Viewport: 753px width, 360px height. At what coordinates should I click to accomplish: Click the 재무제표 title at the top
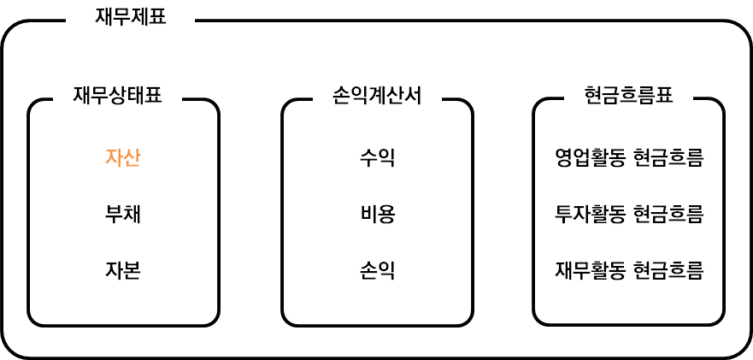point(131,16)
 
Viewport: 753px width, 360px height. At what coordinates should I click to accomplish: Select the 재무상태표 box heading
point(118,95)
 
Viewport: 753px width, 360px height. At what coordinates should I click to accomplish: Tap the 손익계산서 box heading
point(377,95)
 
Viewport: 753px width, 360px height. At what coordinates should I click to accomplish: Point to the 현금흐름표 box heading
point(629,95)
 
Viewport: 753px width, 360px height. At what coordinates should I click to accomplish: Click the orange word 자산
point(122,157)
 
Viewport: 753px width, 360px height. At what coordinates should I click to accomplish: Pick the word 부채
point(122,214)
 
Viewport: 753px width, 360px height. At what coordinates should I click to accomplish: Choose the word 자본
point(122,270)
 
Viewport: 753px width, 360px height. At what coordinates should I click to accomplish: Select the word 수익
point(377,157)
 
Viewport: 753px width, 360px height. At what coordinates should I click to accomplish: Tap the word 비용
point(377,214)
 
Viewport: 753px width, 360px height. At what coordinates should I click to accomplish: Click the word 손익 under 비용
point(377,270)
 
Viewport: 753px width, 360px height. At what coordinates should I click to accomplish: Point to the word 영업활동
point(591,157)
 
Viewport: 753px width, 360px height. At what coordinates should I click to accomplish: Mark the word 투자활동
point(591,214)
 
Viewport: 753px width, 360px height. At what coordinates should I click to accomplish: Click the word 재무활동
point(591,270)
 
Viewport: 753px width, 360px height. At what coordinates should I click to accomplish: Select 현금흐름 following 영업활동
point(668,157)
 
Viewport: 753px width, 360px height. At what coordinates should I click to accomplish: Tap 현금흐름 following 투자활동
point(668,214)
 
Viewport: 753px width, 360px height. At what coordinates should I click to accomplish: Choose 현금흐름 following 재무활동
point(668,270)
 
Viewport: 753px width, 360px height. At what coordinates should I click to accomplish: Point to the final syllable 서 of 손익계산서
point(413,95)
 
